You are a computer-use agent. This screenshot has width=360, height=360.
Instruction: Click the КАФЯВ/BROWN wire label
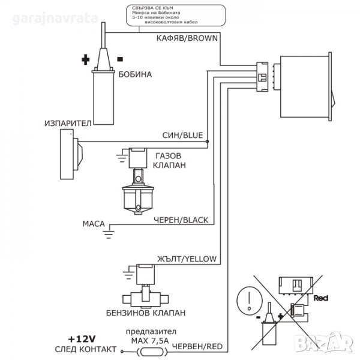coord(187,38)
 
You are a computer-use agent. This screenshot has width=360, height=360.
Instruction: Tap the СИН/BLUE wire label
coord(182,136)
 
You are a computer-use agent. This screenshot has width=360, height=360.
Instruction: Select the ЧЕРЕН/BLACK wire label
coord(181,220)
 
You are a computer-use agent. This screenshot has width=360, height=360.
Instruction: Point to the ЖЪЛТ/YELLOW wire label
coord(187,259)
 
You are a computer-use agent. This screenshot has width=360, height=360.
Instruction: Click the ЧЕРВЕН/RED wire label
coord(197,346)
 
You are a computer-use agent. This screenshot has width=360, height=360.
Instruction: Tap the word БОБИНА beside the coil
coord(135,74)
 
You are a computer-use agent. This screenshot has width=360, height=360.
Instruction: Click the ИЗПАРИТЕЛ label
coord(68,123)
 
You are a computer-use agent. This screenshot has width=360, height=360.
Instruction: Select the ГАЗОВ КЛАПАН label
coord(169,160)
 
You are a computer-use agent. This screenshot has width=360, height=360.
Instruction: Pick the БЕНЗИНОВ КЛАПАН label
coord(146,313)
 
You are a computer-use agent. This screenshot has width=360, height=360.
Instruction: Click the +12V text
coord(82,339)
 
